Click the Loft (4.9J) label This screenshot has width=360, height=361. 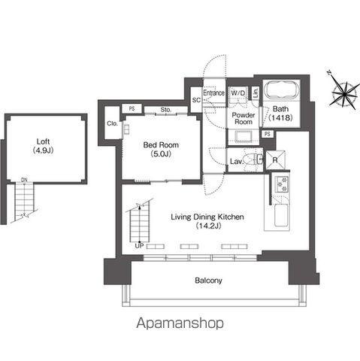click(44, 146)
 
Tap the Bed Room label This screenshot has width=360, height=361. click(161, 145)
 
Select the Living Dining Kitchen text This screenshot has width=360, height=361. click(207, 217)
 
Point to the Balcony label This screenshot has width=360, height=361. click(208, 281)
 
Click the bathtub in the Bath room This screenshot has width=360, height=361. click(281, 90)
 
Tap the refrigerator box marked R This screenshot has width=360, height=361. click(275, 159)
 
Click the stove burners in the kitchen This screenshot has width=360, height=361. click(282, 184)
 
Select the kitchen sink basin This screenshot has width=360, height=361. click(282, 215)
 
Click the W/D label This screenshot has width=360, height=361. click(238, 93)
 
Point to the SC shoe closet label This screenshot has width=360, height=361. click(196, 100)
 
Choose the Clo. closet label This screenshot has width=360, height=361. click(112, 123)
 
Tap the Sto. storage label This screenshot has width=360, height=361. click(166, 110)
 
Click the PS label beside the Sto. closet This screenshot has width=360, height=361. click(132, 109)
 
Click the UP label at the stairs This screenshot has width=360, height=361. click(139, 246)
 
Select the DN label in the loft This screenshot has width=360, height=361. click(24, 180)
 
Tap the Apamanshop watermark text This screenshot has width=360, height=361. click(180, 323)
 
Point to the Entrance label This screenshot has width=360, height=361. click(213, 93)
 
